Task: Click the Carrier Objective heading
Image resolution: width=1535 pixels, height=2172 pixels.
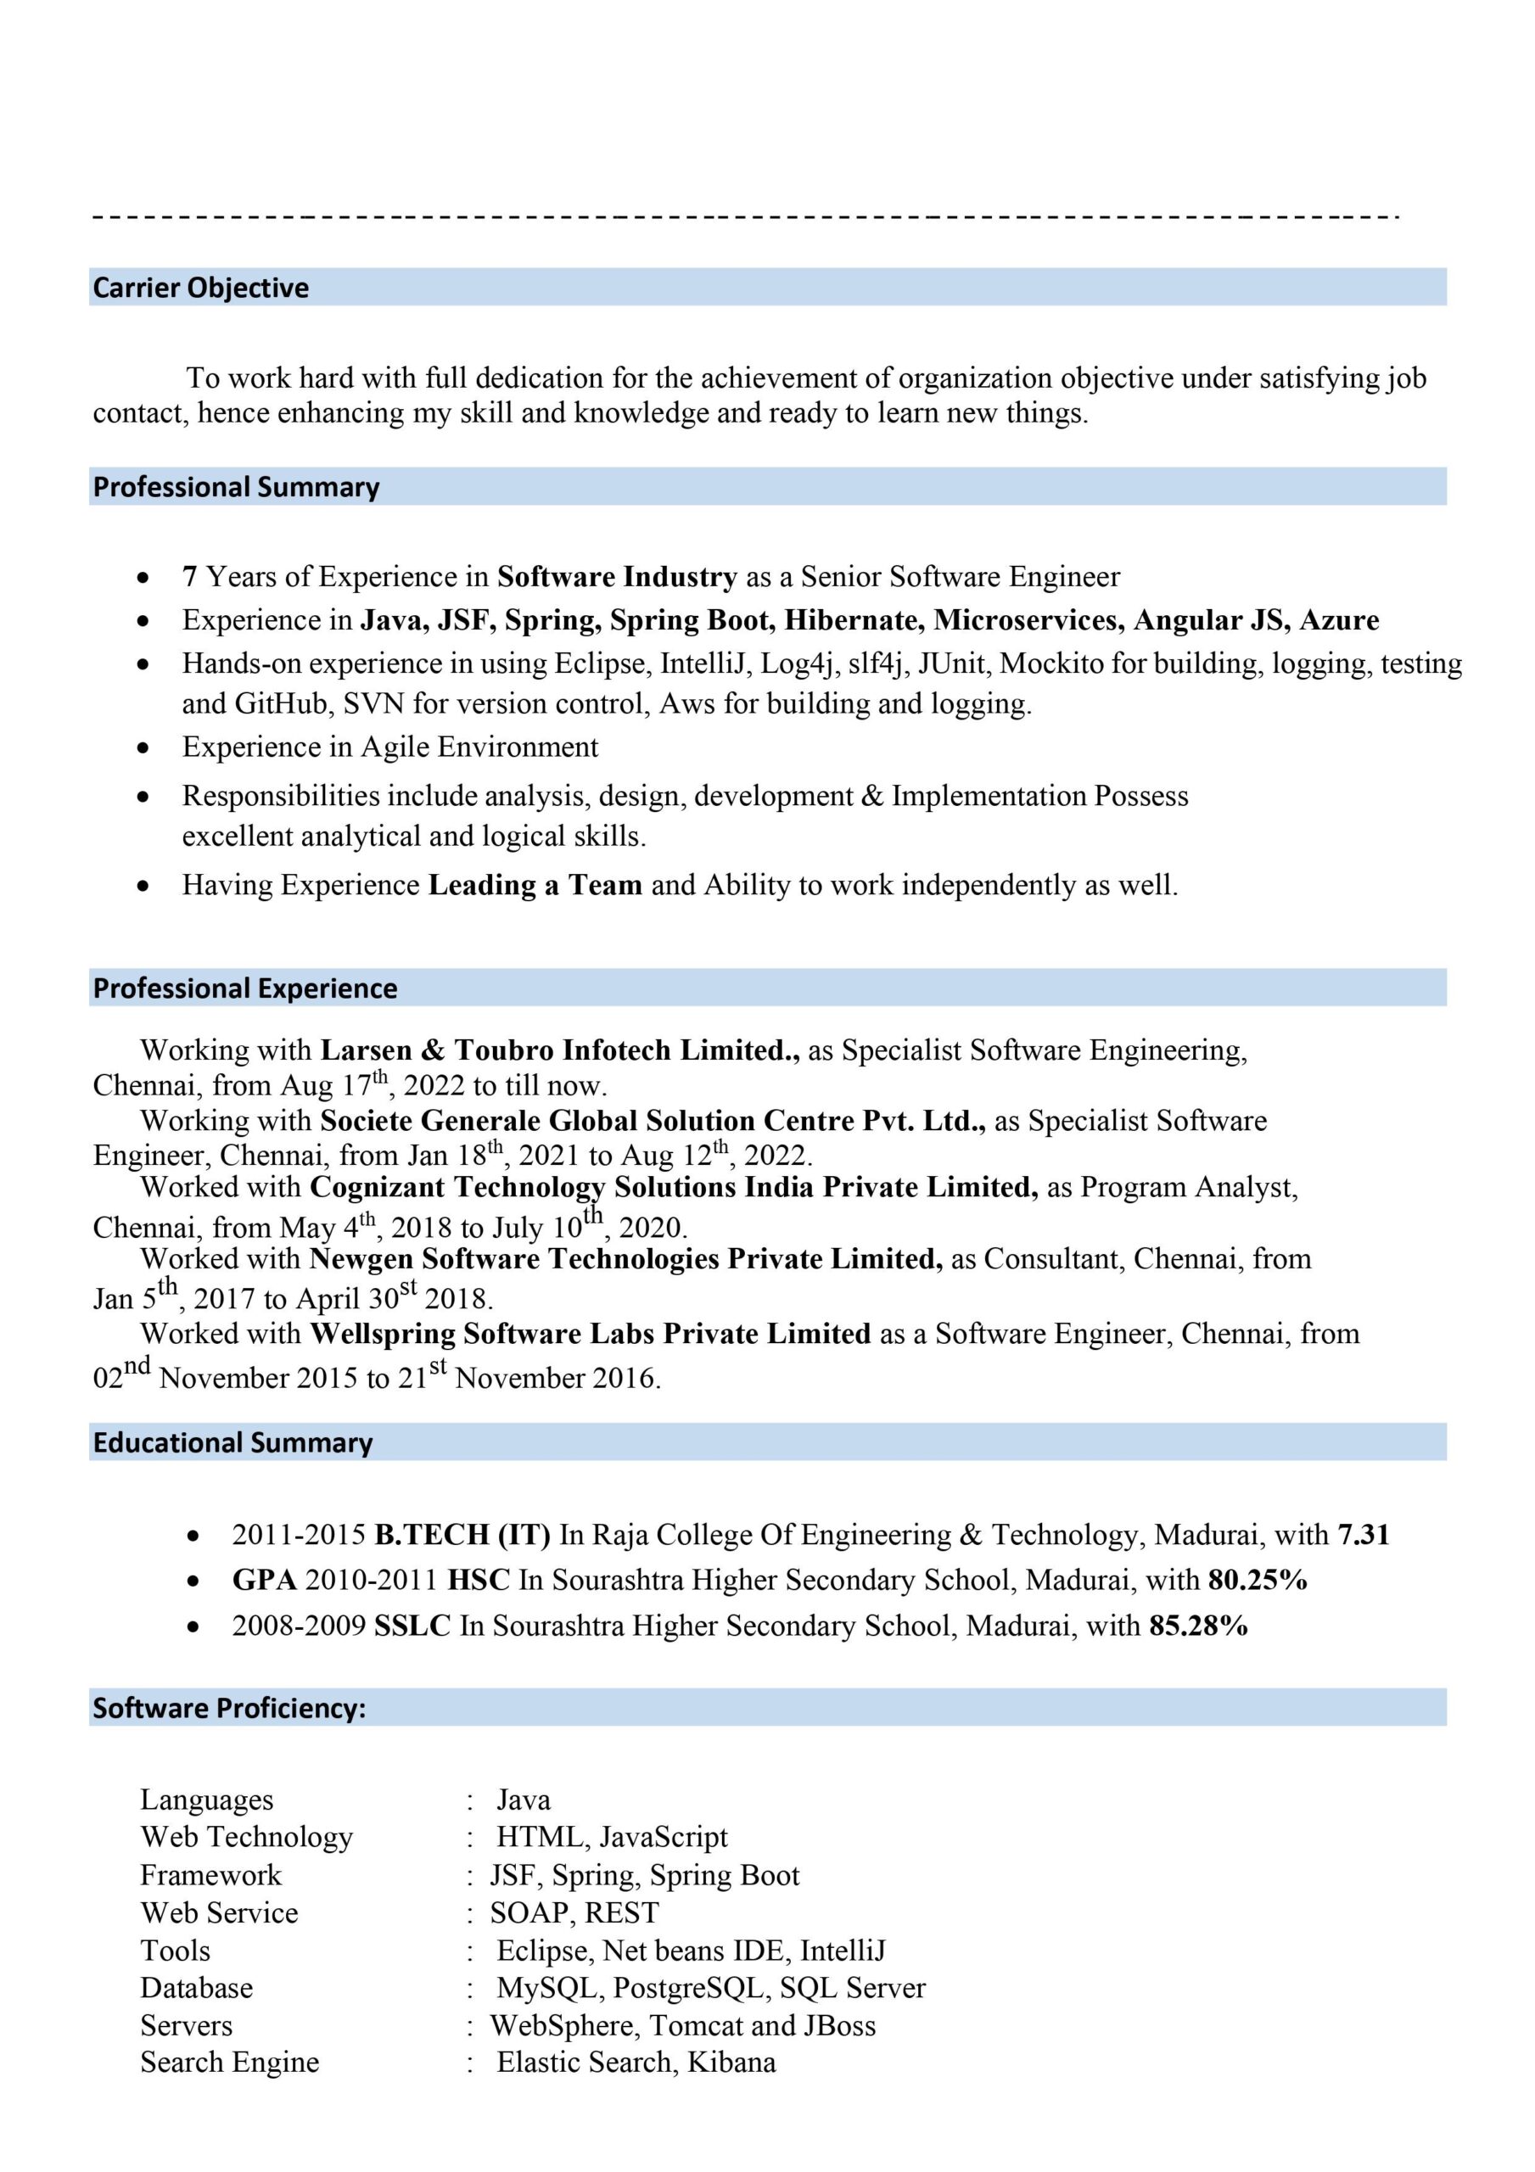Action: pos(200,288)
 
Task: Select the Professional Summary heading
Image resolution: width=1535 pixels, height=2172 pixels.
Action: pos(236,487)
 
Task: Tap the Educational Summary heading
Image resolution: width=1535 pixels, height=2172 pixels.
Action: pos(232,1442)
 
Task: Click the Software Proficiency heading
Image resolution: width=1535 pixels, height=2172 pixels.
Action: pos(229,1708)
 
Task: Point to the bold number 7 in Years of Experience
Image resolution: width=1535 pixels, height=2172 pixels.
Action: pos(189,577)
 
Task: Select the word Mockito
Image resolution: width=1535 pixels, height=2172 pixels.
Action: pos(1051,664)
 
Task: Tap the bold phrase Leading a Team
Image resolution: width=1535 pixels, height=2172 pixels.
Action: pos(535,886)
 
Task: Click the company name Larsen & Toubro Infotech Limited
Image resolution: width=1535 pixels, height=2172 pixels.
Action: pos(560,1050)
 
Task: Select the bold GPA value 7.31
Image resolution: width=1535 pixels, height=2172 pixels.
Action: pos(1364,1535)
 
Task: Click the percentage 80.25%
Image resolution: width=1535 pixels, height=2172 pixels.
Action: pos(1258,1580)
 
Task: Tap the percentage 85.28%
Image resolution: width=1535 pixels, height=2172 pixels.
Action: pos(1198,1626)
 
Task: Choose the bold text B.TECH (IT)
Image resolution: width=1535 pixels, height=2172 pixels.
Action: pos(462,1535)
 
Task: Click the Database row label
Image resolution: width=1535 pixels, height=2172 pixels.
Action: pos(197,1988)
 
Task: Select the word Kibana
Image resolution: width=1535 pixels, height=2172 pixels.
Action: pos(731,2063)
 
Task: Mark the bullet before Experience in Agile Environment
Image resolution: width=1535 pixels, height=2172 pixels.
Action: pos(143,747)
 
